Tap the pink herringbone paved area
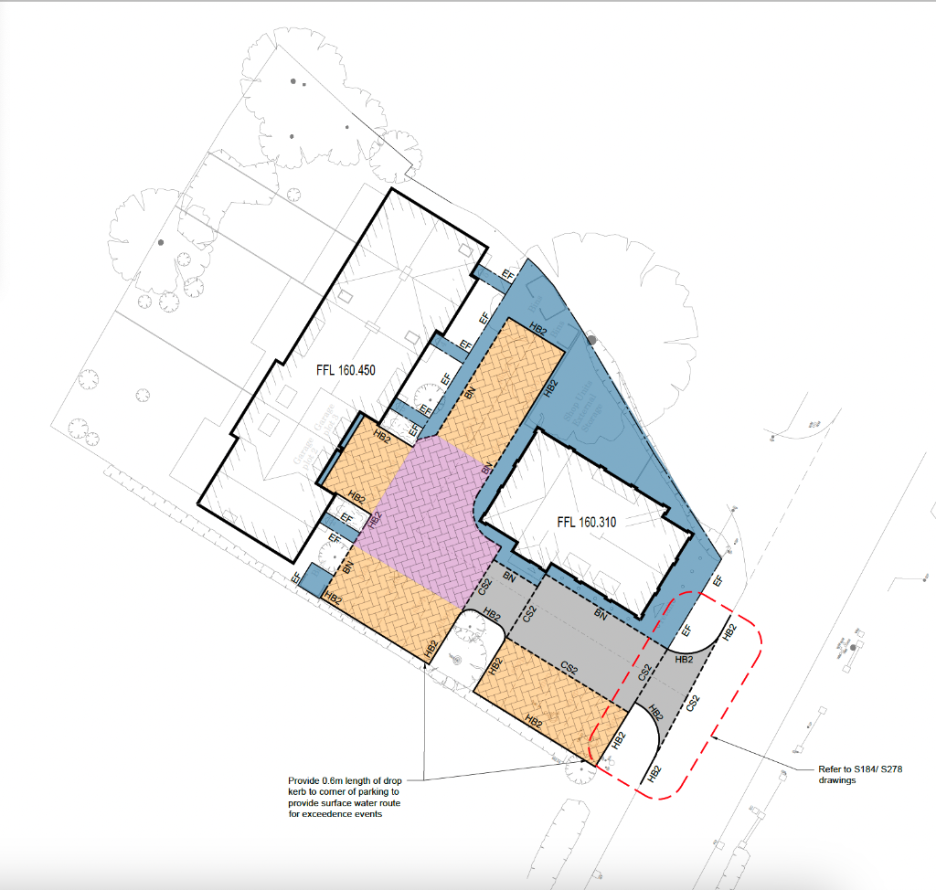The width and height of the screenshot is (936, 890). [420, 521]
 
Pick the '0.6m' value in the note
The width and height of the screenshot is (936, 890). [333, 780]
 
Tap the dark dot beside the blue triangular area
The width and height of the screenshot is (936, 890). [591, 340]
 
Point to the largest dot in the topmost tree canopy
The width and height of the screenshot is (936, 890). [294, 82]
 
